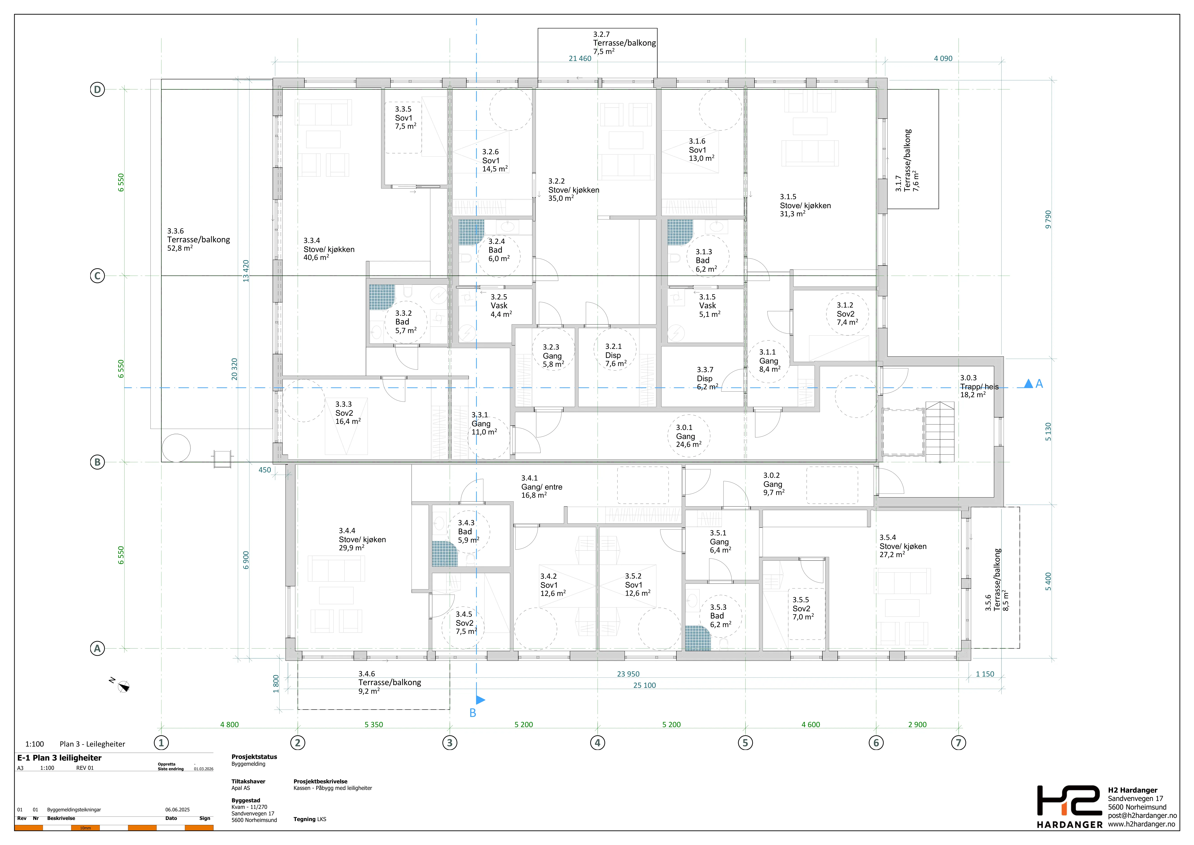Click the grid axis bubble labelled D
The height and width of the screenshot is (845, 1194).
click(97, 89)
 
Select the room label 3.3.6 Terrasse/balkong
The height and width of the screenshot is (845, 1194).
click(198, 239)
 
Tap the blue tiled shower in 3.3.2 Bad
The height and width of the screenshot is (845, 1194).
click(382, 297)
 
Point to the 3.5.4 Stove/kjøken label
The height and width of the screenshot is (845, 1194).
click(903, 546)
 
